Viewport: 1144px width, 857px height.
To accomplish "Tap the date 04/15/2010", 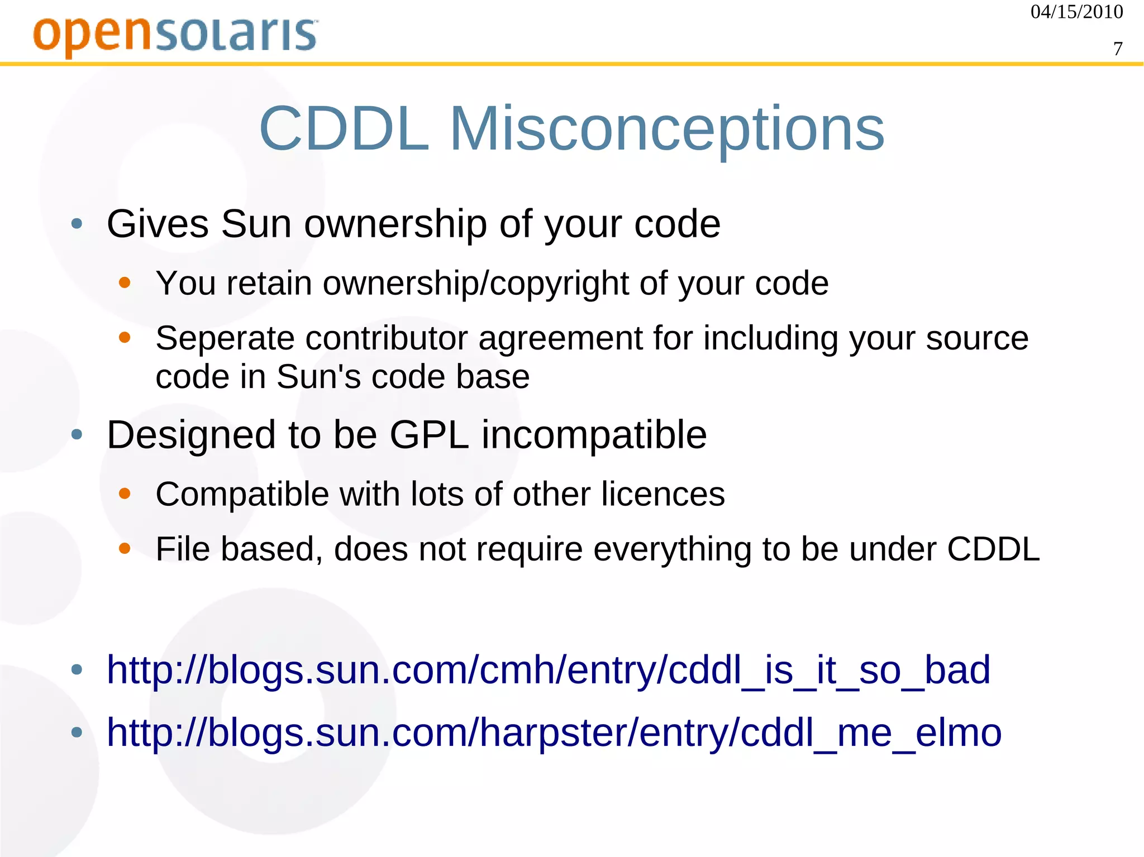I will (x=1076, y=12).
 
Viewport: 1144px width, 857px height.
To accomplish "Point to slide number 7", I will (x=1118, y=49).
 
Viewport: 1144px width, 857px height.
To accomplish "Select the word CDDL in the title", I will (x=344, y=130).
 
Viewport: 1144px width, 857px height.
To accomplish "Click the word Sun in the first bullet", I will (x=256, y=224).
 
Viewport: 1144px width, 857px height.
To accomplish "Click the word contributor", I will (x=386, y=339).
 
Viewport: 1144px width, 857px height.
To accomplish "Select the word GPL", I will (x=428, y=435).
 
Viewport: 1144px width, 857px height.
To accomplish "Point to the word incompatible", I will (x=594, y=435).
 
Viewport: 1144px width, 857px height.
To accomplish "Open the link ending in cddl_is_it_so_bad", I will (x=548, y=670).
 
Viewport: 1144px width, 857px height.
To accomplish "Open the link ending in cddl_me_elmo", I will (x=554, y=733).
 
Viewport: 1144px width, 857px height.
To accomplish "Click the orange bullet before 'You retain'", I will (x=125, y=283).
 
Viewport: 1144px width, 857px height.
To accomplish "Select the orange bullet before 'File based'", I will (x=125, y=549).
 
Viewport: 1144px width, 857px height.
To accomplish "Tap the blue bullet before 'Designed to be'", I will (x=77, y=434).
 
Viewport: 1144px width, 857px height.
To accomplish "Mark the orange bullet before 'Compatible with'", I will (x=125, y=494).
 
